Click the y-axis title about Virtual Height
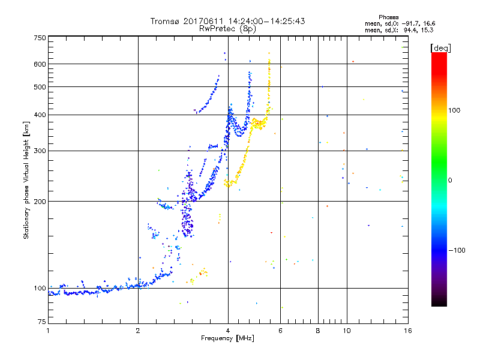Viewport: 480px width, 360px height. tap(26, 180)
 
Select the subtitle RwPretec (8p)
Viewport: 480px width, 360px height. tap(228, 28)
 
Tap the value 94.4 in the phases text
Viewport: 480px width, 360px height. tap(412, 29)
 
